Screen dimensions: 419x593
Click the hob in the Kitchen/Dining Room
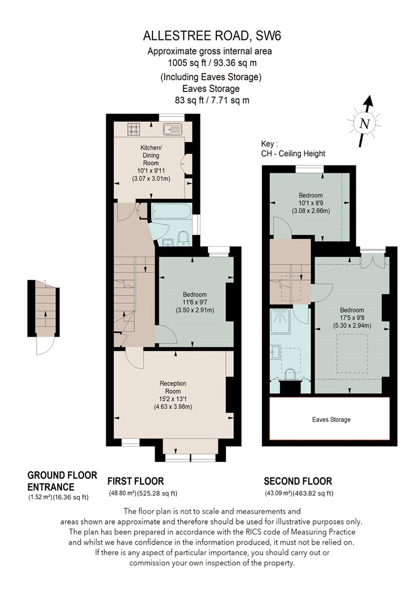tap(133, 129)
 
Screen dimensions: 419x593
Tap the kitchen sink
tap(172, 129)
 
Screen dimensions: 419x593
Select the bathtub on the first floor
tap(172, 212)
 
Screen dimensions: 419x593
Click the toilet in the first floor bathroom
tap(184, 239)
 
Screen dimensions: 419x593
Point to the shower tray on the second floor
tap(280, 322)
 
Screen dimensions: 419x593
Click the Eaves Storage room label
tap(331, 420)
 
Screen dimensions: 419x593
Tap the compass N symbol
tap(365, 123)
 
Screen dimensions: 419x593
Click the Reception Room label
tap(173, 387)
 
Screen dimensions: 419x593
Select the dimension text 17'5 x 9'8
tap(352, 317)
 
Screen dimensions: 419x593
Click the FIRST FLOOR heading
tap(136, 481)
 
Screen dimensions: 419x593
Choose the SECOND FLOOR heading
tap(298, 481)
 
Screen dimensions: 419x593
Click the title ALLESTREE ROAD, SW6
tap(212, 36)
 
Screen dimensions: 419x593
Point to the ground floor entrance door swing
tap(45, 346)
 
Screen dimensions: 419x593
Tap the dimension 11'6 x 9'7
tap(195, 303)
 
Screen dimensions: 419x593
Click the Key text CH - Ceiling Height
tap(293, 154)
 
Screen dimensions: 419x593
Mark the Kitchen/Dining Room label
tap(151, 155)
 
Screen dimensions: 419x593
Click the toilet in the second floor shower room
tap(290, 374)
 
